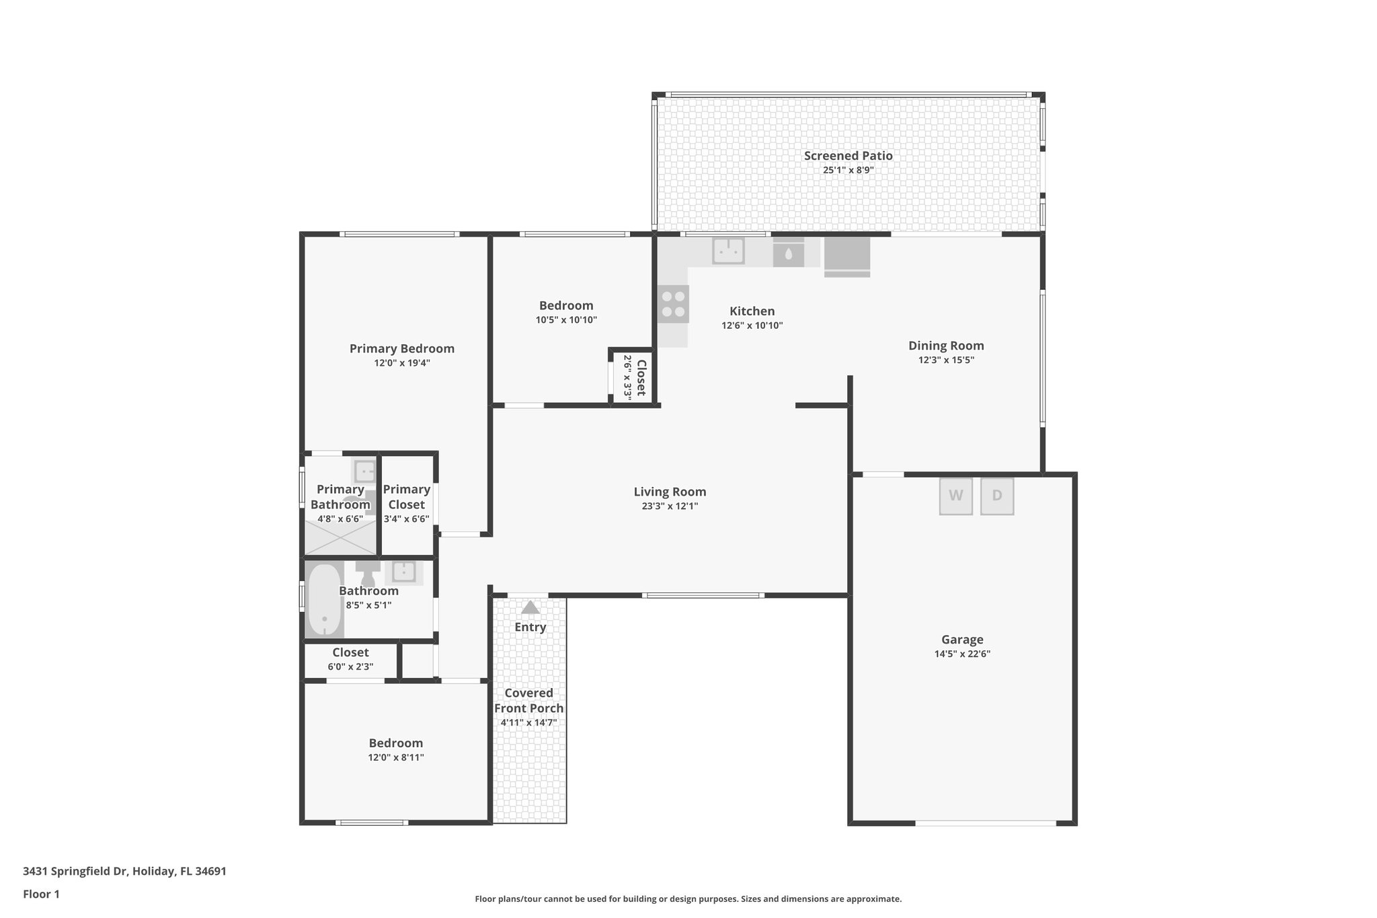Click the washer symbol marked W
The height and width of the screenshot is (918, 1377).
[955, 496]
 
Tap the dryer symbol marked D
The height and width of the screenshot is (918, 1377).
[996, 496]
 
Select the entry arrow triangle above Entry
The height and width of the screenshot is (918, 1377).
[530, 607]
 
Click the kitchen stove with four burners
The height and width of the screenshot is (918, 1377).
[673, 304]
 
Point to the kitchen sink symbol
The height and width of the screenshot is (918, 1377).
[728, 251]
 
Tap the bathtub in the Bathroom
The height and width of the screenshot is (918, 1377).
[324, 601]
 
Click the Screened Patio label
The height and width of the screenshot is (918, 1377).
[848, 155]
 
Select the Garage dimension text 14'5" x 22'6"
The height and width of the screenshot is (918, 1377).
[961, 654]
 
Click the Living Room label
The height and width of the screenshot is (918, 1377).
[670, 492]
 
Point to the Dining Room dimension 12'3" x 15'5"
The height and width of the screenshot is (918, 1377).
[946, 360]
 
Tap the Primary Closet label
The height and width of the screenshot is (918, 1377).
[407, 497]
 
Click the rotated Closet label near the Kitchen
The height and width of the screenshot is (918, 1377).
[641, 378]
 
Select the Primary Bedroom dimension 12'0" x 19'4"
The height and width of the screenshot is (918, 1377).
[402, 363]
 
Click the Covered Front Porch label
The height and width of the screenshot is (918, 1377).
[528, 700]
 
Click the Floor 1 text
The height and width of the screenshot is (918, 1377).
[41, 894]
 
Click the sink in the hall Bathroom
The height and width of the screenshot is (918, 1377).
[403, 572]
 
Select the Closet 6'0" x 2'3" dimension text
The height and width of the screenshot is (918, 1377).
[350, 667]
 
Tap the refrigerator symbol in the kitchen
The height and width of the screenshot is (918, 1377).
[847, 256]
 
